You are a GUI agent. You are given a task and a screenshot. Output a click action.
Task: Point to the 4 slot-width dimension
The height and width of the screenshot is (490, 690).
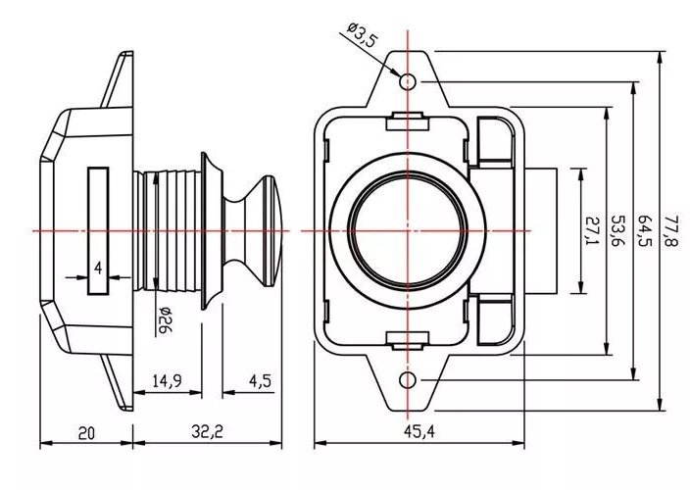pos(98,268)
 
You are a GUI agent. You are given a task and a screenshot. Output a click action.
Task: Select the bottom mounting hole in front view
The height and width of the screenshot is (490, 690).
pos(409,379)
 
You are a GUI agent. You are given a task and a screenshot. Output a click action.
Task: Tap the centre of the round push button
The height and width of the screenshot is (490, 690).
pos(409,229)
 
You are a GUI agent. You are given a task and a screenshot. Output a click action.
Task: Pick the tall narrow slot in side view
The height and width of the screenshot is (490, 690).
pos(98,229)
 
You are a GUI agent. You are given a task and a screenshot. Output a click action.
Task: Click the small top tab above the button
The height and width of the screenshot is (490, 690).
pos(408,121)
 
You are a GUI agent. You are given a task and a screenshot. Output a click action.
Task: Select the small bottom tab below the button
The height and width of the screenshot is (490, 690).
pos(408,339)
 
